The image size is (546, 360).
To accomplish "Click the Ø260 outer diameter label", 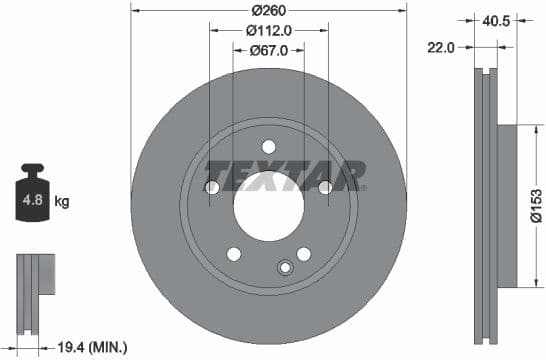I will [269, 10].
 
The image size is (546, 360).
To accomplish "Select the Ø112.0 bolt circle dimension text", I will [269, 30].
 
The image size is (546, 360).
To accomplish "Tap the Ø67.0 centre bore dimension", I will [269, 49].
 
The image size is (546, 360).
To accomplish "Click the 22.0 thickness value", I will [441, 47].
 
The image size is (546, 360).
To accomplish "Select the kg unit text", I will [62, 202].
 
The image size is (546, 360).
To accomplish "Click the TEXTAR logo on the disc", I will [283, 175].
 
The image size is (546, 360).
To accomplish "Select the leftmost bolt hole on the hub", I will [212, 187].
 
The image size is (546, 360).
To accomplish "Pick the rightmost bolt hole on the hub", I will [326, 187].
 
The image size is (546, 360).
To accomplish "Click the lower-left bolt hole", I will [234, 253].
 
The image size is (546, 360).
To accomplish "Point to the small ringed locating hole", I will [284, 267].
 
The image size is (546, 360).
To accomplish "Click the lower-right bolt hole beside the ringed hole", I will [304, 253].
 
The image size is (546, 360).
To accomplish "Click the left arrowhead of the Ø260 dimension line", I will [135, 10].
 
